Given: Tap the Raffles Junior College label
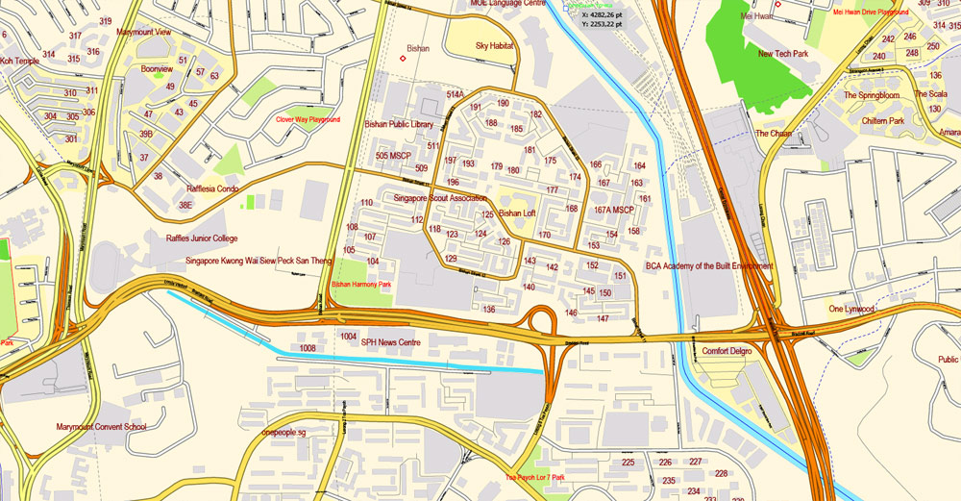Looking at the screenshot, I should (202, 238).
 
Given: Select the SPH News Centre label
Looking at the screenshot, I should (391, 341).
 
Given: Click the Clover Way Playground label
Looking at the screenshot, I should (308, 120).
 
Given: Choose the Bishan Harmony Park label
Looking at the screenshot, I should (362, 285).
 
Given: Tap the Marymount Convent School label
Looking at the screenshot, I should (101, 426).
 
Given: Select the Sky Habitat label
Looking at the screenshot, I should (495, 45).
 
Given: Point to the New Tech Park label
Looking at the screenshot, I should (783, 54).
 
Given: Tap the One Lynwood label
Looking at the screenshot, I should (851, 309).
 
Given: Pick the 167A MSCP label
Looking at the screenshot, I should (614, 210).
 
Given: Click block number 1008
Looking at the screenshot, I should (308, 347).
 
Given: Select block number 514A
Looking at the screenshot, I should (455, 95).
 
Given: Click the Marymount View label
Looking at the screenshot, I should (144, 32).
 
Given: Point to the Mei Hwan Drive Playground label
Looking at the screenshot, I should (871, 13).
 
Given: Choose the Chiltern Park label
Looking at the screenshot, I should (883, 121).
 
